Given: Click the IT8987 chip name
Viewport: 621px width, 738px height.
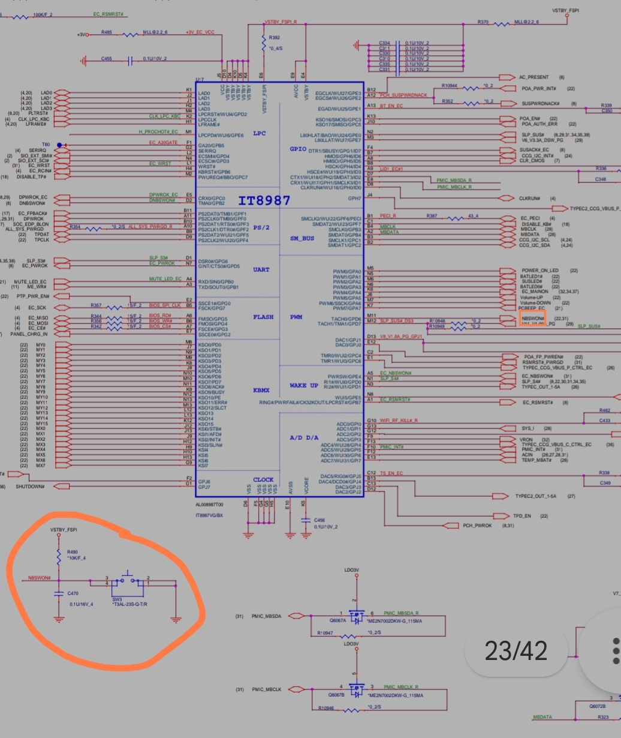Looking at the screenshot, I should [264, 200].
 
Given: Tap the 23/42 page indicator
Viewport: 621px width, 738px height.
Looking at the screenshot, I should [516, 650].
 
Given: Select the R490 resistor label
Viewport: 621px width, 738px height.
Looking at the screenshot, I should [73, 551].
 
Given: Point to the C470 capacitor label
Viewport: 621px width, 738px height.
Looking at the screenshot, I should [73, 593].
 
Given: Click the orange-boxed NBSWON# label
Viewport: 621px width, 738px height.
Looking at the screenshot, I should [532, 317].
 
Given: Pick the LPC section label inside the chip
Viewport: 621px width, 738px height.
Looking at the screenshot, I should [259, 133].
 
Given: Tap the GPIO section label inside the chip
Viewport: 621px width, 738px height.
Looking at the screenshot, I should [298, 148].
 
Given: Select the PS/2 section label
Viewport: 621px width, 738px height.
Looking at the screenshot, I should [261, 227].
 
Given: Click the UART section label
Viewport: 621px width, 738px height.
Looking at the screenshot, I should [261, 269].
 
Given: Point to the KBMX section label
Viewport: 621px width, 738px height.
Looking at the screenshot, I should [261, 390].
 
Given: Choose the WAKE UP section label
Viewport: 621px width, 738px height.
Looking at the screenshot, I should [304, 385].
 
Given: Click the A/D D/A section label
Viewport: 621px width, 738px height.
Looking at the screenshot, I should [304, 437].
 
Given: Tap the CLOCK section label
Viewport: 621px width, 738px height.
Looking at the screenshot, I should [263, 479].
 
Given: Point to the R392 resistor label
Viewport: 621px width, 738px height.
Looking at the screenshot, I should [275, 37].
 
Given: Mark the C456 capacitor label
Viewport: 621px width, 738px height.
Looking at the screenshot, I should [319, 520].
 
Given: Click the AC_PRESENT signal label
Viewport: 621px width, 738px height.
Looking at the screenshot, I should [535, 77].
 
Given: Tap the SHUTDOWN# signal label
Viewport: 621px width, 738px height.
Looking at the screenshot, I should [30, 487].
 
